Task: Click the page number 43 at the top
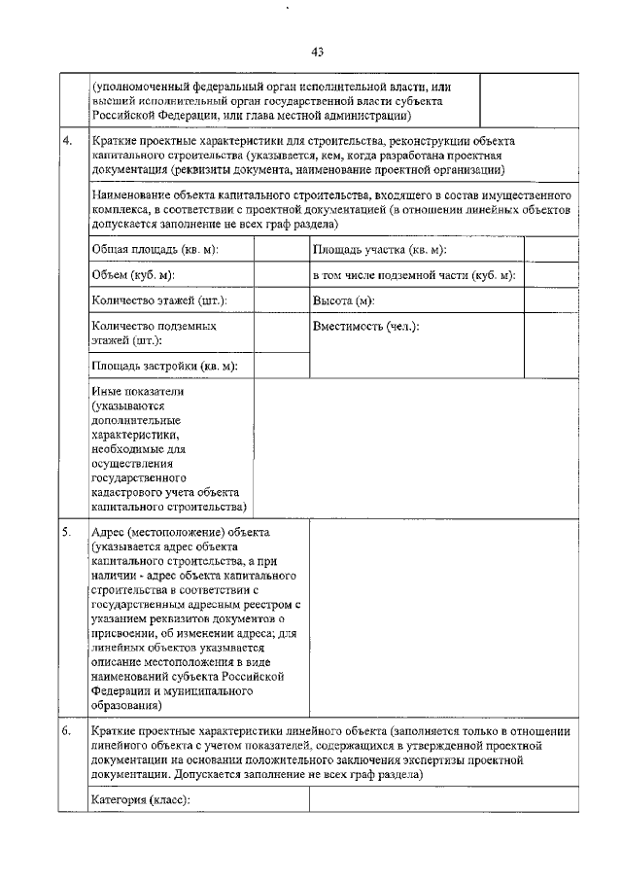(x=317, y=52)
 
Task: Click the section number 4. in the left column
(x=67, y=142)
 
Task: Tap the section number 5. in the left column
(x=67, y=534)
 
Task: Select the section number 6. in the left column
(x=67, y=729)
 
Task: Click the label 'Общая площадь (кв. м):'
(x=155, y=250)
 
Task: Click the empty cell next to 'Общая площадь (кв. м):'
(x=280, y=250)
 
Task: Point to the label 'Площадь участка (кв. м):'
(x=379, y=250)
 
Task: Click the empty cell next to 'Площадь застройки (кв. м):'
(x=280, y=366)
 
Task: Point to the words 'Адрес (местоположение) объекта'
(x=180, y=534)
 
